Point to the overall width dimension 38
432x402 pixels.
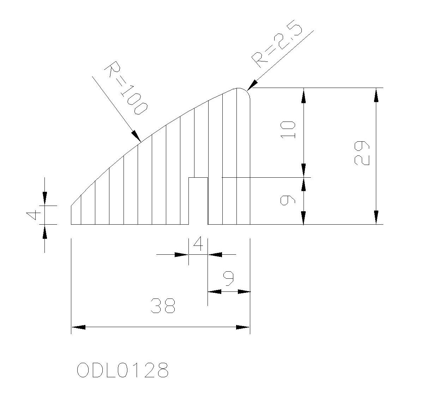pos(163,306)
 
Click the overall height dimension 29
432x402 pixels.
pos(362,153)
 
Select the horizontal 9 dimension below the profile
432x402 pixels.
pos(228,278)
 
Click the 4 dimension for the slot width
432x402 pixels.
pos(198,244)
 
